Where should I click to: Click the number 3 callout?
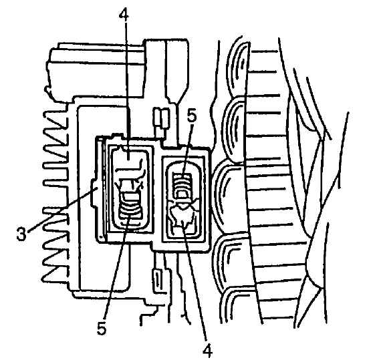pos(21,234)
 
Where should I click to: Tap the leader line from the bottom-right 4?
pos(195,283)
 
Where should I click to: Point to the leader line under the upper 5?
pos(188,150)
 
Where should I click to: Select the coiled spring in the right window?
pos(182,186)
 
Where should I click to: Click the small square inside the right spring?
pos(182,194)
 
